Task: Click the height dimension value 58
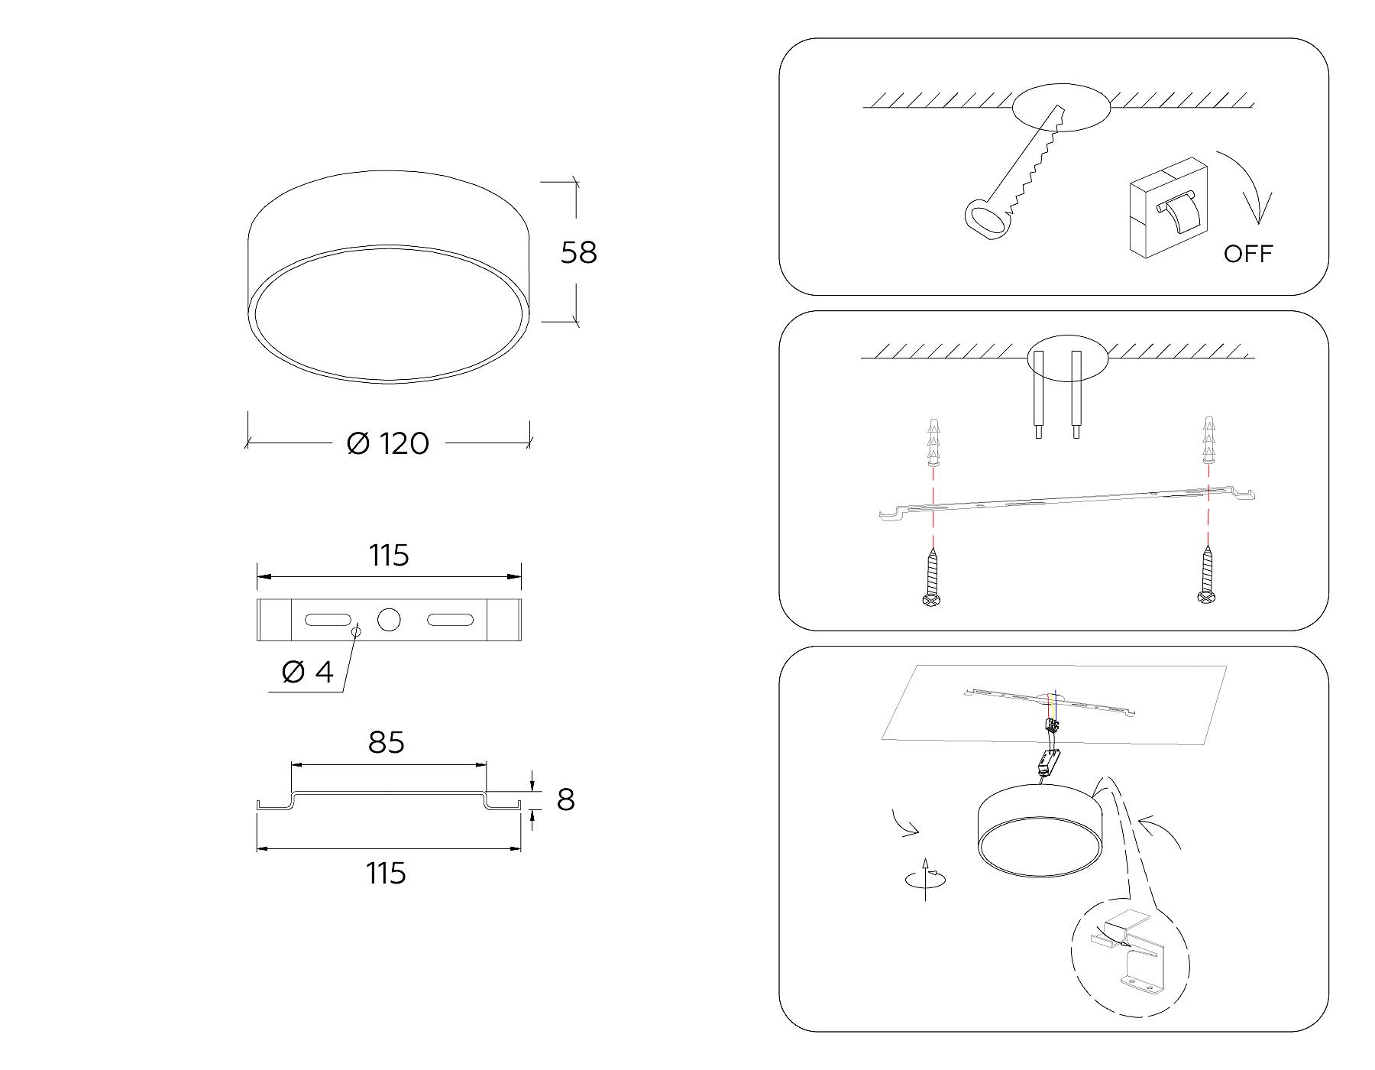pos(578,253)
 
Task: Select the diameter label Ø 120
pos(388,444)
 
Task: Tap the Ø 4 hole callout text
pos(308,673)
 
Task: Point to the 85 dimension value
pos(387,743)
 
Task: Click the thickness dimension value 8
pos(565,800)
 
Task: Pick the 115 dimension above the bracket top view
pos(389,556)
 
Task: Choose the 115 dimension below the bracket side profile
pos(386,874)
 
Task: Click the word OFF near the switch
pos(1248,254)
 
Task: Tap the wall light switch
pos(1168,207)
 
